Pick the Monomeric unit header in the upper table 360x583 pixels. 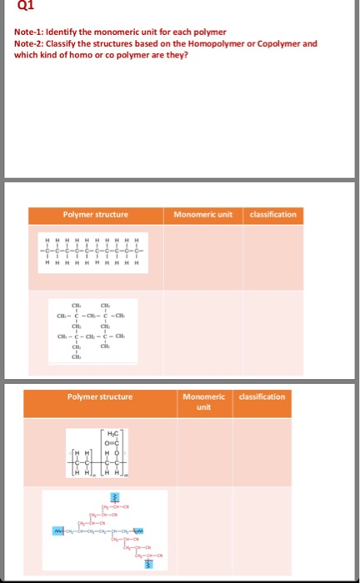(x=205, y=215)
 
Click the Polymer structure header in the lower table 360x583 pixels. (x=99, y=396)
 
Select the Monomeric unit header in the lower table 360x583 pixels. (x=204, y=401)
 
